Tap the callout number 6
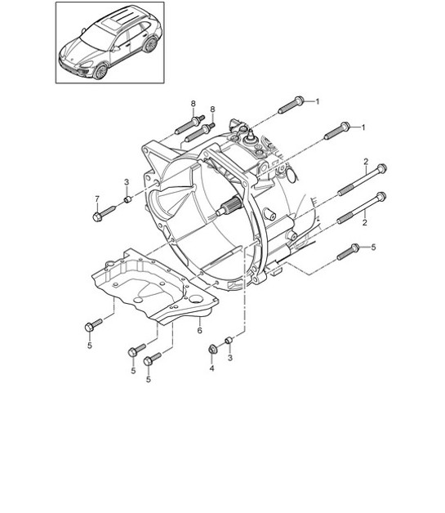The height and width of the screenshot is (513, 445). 199,330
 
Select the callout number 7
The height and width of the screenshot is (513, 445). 96,199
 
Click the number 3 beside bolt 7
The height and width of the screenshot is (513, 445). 127,181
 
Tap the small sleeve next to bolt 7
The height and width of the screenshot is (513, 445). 127,199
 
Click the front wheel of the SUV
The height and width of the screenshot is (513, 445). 100,71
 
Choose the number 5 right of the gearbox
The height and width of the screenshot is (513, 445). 374,246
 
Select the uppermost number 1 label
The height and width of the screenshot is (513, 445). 318,101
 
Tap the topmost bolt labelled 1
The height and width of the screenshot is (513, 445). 291,105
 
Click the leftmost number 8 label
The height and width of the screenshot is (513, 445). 194,103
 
